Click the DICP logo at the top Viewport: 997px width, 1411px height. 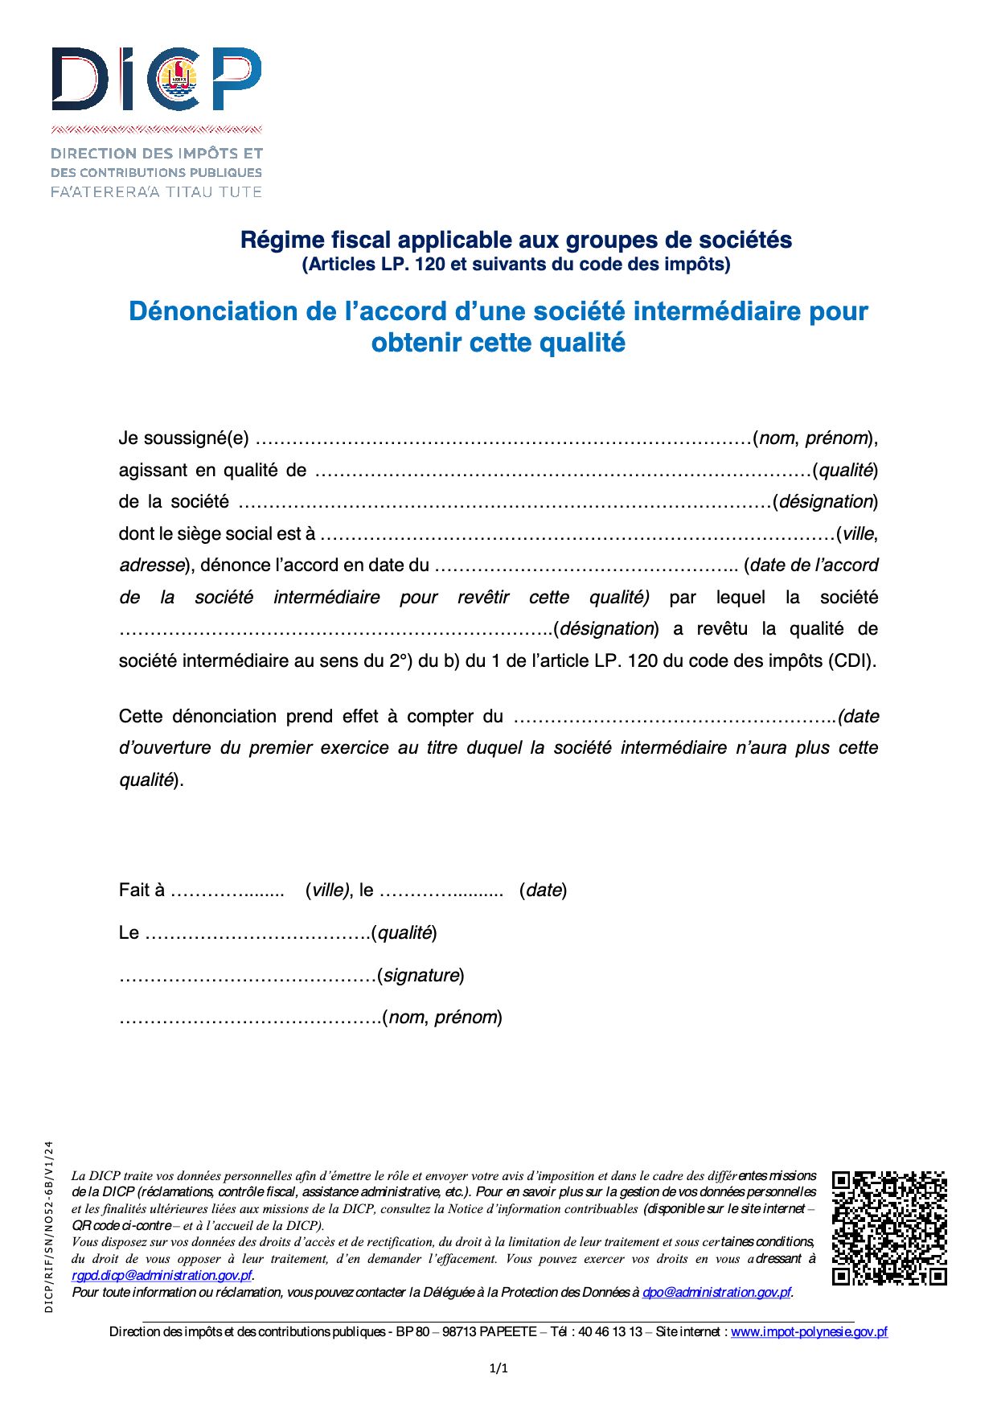(157, 79)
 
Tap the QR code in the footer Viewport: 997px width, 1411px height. (889, 1228)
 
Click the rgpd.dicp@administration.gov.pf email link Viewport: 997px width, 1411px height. (162, 1275)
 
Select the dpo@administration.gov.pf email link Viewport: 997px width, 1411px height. (716, 1292)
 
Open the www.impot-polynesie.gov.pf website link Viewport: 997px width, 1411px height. (809, 1331)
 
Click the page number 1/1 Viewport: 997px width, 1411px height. (498, 1368)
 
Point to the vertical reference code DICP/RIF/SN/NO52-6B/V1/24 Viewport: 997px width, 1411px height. (49, 1226)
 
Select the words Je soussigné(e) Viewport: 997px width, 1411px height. (183, 438)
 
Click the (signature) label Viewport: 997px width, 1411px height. (421, 975)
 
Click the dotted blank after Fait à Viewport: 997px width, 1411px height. (228, 891)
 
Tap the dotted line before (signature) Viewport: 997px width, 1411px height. (248, 976)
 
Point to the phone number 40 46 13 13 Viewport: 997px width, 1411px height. (610, 1331)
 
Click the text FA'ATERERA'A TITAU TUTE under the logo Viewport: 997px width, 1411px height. (157, 191)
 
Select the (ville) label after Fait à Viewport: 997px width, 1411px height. (327, 890)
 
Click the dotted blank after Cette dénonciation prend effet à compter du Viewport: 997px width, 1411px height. (674, 717)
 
